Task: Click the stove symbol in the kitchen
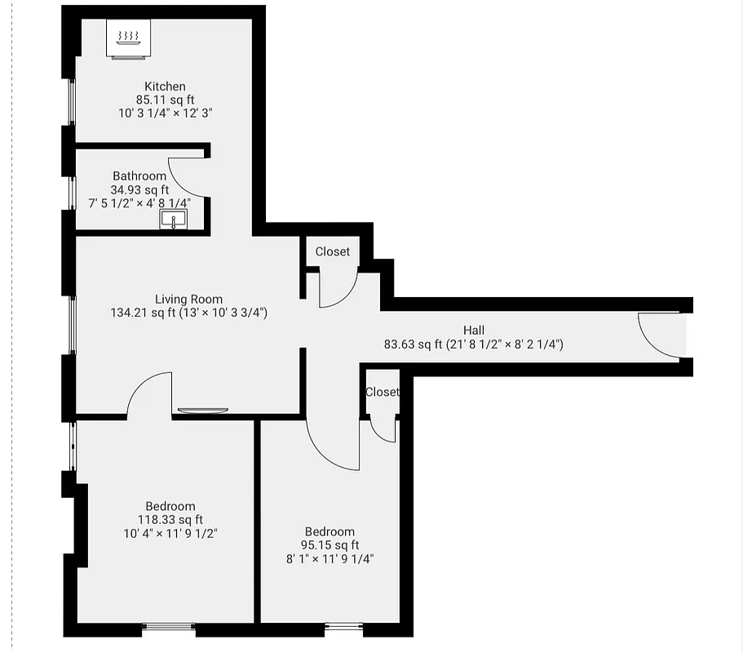click(129, 39)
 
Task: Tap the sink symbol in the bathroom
click(173, 219)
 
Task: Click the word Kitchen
click(165, 87)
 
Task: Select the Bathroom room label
click(139, 176)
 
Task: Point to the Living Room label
click(188, 300)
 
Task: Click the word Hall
click(474, 331)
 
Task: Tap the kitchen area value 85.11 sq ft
click(165, 100)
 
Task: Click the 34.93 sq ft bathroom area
click(139, 189)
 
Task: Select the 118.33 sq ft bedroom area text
click(170, 520)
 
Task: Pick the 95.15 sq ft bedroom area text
click(329, 545)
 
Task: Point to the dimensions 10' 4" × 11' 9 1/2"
click(170, 533)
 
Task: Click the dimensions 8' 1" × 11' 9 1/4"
click(329, 558)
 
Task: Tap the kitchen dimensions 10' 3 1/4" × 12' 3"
click(165, 113)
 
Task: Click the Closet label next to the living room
click(333, 251)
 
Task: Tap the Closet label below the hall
click(382, 392)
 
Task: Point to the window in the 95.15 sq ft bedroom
click(343, 627)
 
